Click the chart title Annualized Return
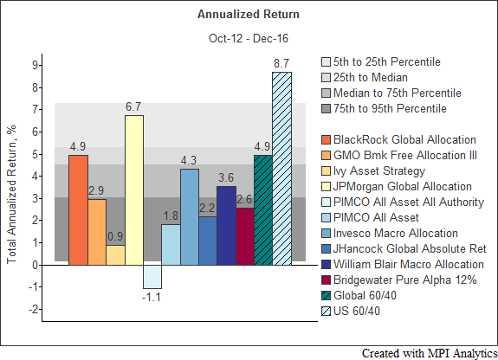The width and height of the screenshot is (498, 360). click(249, 15)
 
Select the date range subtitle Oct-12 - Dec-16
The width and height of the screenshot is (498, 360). click(249, 38)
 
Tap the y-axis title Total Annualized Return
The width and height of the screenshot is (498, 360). click(11, 195)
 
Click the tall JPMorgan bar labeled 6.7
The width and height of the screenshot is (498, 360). click(134, 190)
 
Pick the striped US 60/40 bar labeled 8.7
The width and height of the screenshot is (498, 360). click(281, 169)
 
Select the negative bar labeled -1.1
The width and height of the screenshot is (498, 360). click(152, 277)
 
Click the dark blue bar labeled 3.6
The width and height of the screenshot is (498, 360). click(226, 226)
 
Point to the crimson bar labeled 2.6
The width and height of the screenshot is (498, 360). click(245, 236)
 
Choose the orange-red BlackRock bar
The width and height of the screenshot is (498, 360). click(78, 210)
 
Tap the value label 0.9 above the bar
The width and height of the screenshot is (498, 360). click(115, 236)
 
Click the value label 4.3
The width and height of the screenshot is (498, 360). click(189, 160)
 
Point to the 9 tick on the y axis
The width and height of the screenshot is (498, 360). click(35, 66)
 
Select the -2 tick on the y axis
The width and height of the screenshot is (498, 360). click(34, 309)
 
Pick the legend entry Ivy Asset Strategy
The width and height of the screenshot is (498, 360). click(373, 171)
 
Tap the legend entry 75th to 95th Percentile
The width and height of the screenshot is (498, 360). click(384, 109)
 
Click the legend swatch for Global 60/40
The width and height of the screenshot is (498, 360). click(326, 296)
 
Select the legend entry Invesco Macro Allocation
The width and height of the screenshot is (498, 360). click(390, 234)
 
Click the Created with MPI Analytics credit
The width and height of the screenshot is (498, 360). click(430, 353)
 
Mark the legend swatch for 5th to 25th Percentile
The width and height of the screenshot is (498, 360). click(326, 62)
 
